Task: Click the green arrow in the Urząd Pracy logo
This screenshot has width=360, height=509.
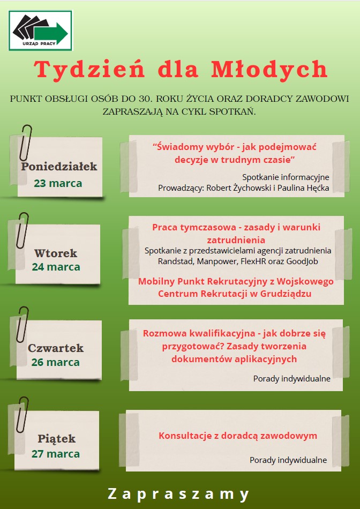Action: [56, 33]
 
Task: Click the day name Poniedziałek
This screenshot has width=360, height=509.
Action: [59, 167]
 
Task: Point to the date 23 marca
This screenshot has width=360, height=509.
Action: [58, 183]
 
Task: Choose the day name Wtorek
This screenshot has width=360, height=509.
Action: [56, 253]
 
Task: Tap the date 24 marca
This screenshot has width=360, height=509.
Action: [56, 267]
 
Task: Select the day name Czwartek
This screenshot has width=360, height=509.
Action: [56, 348]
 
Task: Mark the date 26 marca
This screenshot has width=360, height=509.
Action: [56, 362]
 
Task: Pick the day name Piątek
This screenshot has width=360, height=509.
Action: [56, 439]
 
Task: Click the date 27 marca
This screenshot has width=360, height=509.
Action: [56, 454]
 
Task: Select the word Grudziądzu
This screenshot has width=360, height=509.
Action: [285, 294]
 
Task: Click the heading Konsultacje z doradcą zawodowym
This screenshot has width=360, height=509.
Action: [238, 436]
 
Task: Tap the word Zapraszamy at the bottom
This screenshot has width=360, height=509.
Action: [179, 493]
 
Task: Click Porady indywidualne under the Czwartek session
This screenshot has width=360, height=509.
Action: [291, 379]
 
